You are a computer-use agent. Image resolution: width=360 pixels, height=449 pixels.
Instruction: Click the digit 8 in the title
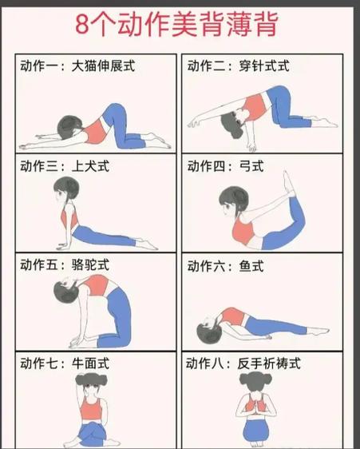click(x=83, y=24)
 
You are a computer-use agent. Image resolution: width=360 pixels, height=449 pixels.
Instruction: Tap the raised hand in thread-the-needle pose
click(x=194, y=122)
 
